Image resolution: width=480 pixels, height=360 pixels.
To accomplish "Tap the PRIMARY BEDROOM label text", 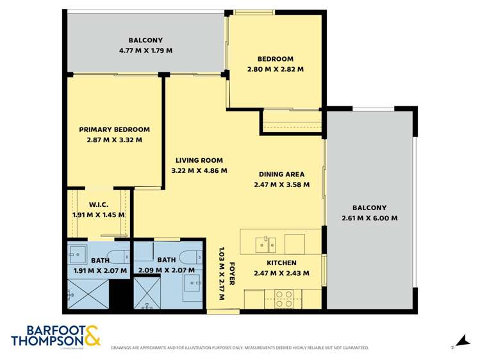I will pyautogui.click(x=115, y=129).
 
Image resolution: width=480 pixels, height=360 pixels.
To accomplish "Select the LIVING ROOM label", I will pyautogui.click(x=199, y=160).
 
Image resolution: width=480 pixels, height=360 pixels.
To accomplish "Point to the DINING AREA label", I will pyautogui.click(x=281, y=174).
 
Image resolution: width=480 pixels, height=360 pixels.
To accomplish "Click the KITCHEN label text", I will pyautogui.click(x=281, y=263).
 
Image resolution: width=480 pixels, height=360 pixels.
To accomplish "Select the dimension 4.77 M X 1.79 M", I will pyautogui.click(x=145, y=50).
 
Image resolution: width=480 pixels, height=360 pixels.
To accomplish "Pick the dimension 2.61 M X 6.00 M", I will pyautogui.click(x=370, y=218).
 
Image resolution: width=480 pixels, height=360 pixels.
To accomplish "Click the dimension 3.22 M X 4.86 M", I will pyautogui.click(x=199, y=170).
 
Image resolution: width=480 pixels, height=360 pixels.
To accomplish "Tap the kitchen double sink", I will pyautogui.click(x=265, y=243).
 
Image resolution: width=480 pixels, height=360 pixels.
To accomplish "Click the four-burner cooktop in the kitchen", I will pyautogui.click(x=284, y=299).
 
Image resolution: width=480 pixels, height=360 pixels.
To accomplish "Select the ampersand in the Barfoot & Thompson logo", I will pyautogui.click(x=90, y=336).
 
